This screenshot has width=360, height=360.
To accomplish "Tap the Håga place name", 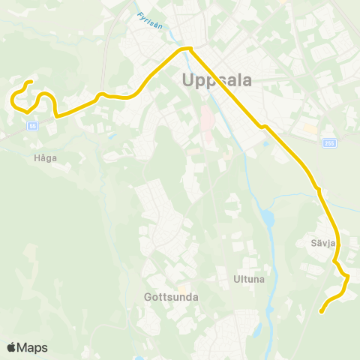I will coord(45,158).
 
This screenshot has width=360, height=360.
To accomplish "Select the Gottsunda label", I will coord(170,296).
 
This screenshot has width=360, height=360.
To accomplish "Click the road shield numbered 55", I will coord(32,126).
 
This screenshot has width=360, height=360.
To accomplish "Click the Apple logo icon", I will coord(11,347).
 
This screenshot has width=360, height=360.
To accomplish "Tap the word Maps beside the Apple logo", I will coord(33,347).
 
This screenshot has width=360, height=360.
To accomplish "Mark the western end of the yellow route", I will coord(30,82).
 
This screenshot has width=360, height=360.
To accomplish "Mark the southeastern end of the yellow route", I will coord(321,311).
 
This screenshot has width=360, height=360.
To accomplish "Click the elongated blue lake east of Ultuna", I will coord(268,220).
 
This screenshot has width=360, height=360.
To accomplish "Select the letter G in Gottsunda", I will coord(147,296).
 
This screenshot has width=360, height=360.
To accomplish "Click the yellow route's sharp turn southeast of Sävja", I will coord(348,277).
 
